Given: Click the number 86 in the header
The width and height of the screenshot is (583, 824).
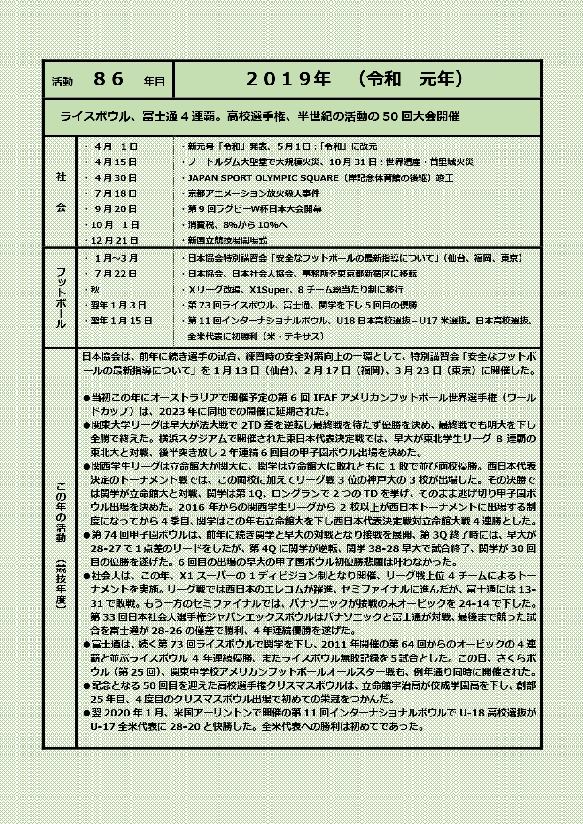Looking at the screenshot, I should pyautogui.click(x=109, y=79).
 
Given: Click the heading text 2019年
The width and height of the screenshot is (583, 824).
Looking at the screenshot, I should pyautogui.click(x=288, y=79).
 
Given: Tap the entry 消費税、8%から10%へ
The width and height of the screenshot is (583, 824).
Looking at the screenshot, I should pyautogui.click(x=237, y=225).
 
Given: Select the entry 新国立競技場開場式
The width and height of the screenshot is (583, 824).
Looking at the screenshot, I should pyautogui.click(x=227, y=240).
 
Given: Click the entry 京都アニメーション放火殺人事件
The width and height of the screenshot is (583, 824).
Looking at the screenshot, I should pyautogui.click(x=254, y=193).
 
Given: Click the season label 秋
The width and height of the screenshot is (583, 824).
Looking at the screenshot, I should pyautogui.click(x=95, y=290).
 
